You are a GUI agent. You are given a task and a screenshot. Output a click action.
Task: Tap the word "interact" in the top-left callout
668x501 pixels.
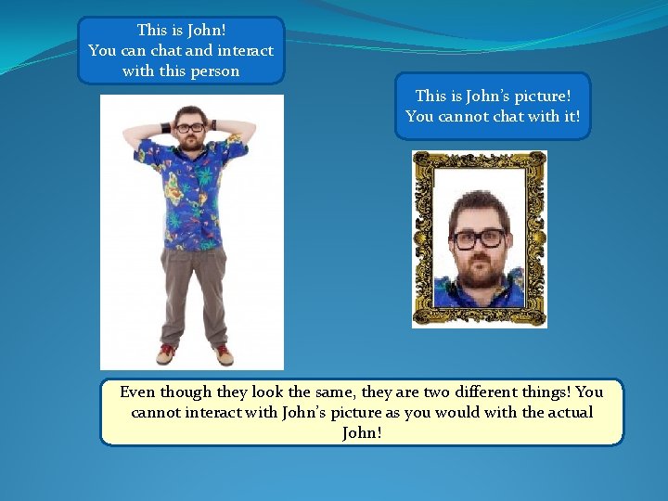[243, 50]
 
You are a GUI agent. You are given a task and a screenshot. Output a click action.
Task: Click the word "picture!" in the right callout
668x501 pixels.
[537, 95]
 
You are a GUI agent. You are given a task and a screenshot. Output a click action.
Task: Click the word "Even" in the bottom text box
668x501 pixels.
[137, 392]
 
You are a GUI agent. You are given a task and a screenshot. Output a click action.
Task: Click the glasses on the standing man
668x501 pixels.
[190, 127]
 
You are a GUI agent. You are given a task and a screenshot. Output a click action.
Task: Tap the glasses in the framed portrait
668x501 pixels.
[479, 238]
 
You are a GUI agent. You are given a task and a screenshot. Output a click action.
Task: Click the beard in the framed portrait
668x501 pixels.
[480, 275]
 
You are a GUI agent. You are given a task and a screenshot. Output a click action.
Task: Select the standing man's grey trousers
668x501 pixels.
[194, 292]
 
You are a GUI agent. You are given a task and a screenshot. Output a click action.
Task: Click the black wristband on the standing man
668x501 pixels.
[165, 126]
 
